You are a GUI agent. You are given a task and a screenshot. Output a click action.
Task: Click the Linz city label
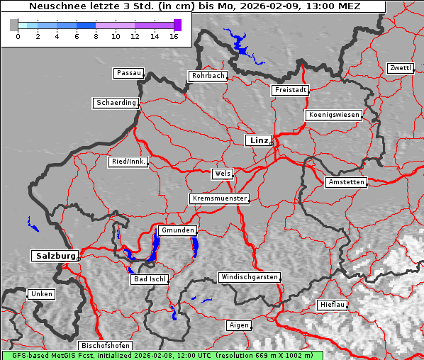(x=258, y=140)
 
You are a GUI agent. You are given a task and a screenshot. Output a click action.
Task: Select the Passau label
(x=128, y=73)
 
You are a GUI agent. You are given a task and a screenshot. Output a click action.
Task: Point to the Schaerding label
(x=116, y=103)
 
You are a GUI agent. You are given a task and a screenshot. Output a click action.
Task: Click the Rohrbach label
(x=207, y=76)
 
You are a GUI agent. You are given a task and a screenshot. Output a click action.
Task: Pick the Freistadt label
(x=290, y=90)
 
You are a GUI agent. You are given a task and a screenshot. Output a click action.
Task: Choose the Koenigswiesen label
(x=333, y=115)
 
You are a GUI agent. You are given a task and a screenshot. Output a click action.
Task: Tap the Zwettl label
(x=400, y=68)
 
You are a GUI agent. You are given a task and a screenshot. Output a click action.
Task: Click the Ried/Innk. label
(x=128, y=162)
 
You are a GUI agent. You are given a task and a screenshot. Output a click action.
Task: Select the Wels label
(x=222, y=174)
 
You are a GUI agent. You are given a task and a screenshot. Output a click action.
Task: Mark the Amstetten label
(x=345, y=182)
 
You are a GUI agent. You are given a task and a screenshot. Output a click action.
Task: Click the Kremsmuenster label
(x=219, y=198)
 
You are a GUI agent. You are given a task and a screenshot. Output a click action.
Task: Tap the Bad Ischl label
(x=150, y=279)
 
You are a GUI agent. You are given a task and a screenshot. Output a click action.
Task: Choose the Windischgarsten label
(x=248, y=277)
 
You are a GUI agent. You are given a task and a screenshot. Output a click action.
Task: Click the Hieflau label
(x=333, y=305)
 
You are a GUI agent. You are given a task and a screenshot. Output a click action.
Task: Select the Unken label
(x=40, y=294)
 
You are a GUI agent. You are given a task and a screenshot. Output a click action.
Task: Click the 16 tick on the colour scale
(x=174, y=35)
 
